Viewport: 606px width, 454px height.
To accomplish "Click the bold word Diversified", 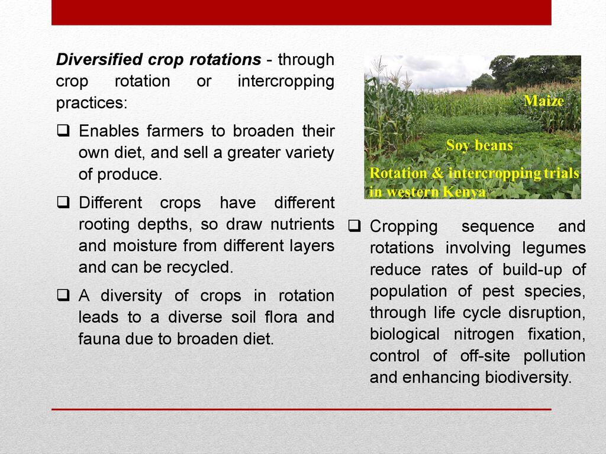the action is (x=99, y=60).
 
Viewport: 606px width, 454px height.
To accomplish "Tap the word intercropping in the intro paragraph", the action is (x=286, y=82).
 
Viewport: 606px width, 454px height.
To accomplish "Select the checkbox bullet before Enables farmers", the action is (x=63, y=131).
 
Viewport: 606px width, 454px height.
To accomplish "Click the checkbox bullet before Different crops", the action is (x=63, y=202).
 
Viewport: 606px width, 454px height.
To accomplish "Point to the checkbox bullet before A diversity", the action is (x=63, y=296).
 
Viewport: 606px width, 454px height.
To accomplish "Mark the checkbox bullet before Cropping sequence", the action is (x=354, y=226).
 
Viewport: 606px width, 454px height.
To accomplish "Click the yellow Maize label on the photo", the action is (x=544, y=100).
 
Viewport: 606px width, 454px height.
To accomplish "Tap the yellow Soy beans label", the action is (x=479, y=145).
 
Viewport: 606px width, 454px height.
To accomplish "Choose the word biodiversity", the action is (x=528, y=378).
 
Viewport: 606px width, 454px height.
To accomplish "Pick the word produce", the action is (x=130, y=175).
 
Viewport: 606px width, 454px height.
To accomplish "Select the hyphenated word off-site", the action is (x=485, y=356).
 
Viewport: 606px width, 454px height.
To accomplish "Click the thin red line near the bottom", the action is (x=301, y=409).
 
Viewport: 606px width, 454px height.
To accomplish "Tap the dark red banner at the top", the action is (x=301, y=12).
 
